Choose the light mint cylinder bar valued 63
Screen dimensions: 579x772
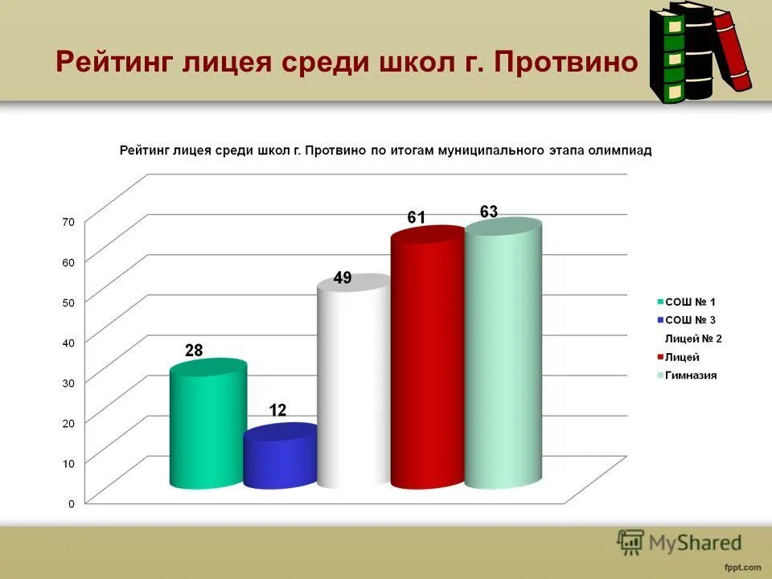(503, 354)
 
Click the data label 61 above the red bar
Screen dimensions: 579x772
(416, 218)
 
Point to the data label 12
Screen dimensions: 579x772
(277, 410)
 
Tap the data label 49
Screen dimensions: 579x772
(343, 278)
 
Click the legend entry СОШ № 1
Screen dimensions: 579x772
(690, 302)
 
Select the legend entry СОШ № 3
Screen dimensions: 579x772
(690, 320)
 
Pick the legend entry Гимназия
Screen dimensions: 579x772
(690, 376)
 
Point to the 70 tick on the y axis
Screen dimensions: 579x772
(68, 222)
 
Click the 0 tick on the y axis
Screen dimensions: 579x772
(71, 504)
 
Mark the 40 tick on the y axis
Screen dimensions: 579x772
(68, 343)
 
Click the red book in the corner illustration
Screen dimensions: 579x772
(733, 50)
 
